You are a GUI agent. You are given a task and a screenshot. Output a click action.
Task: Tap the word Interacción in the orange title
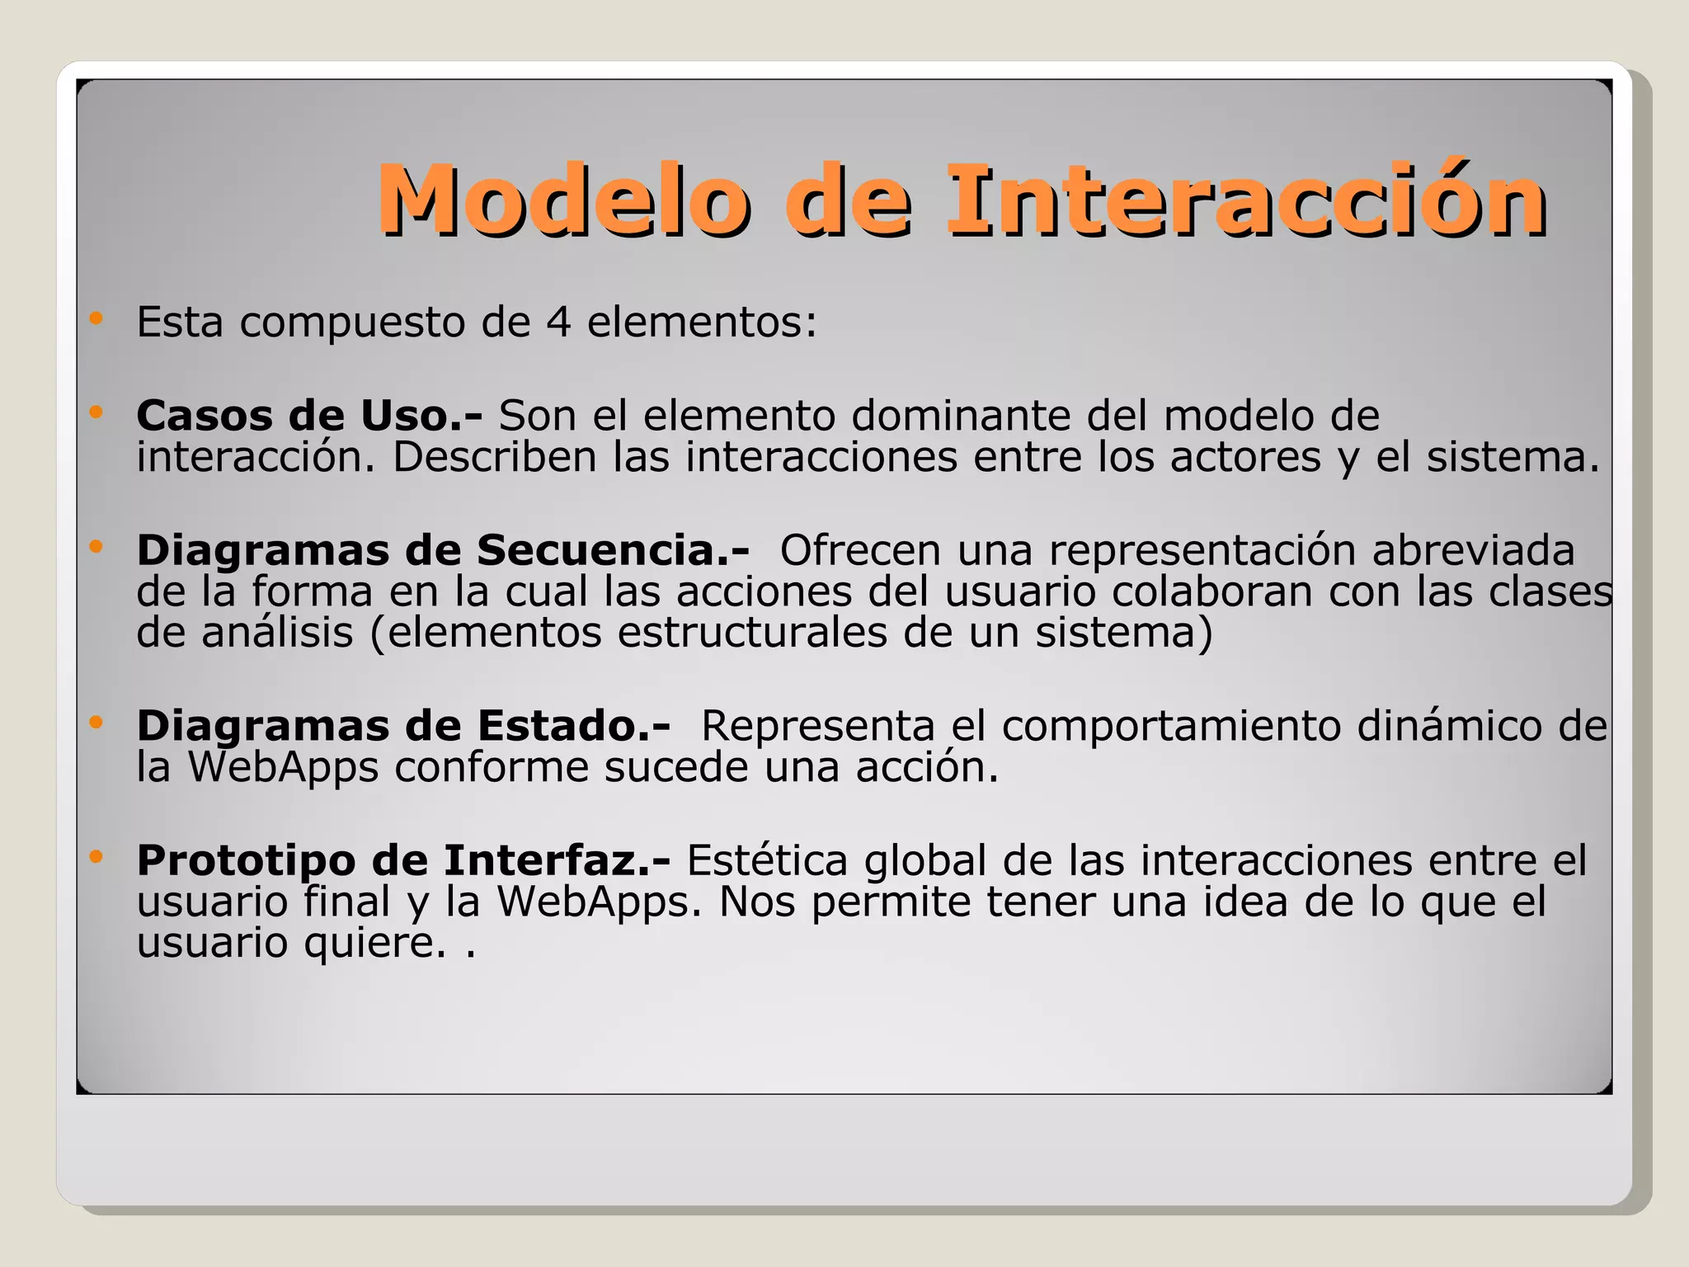(x=1245, y=200)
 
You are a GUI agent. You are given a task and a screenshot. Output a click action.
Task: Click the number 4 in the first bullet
(x=558, y=322)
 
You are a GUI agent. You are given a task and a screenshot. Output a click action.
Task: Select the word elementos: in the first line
(x=702, y=322)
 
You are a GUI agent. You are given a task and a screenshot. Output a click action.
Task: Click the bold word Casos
(x=205, y=415)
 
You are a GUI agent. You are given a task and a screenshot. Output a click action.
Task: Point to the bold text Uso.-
(x=421, y=415)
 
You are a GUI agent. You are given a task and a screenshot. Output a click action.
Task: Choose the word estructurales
(x=752, y=633)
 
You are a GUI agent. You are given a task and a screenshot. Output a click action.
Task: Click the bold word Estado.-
(x=574, y=726)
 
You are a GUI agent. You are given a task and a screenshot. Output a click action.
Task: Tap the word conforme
(x=491, y=767)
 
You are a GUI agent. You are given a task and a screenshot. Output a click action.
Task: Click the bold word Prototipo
(x=247, y=860)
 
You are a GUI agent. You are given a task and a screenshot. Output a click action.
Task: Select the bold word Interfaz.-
(x=557, y=860)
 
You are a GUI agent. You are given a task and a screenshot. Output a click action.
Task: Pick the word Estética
(x=767, y=860)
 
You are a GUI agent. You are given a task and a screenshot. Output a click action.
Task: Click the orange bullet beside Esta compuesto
(x=96, y=318)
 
